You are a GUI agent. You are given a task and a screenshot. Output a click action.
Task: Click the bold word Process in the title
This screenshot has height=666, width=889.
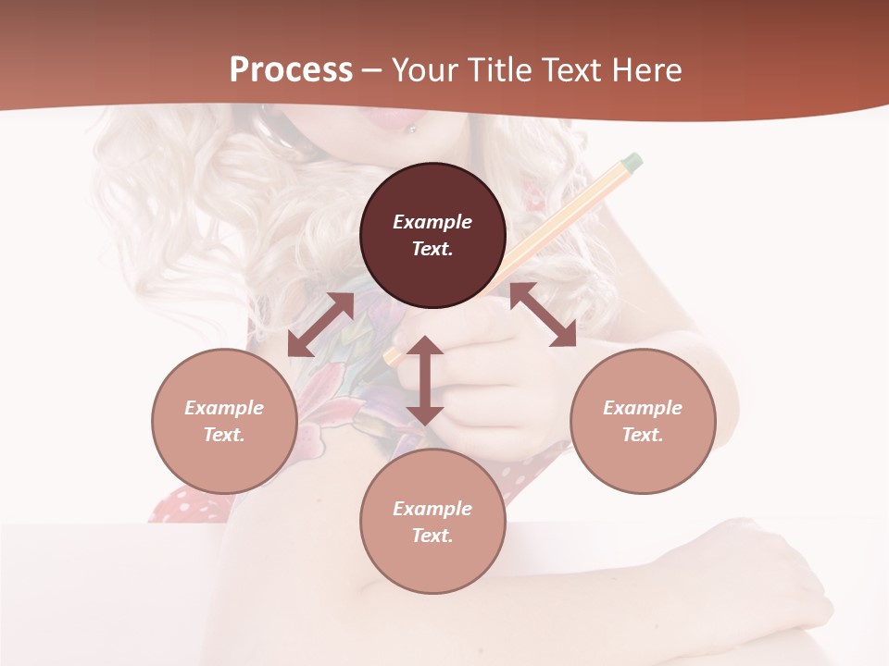point(291,70)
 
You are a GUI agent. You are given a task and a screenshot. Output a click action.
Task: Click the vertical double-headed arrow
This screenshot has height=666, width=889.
point(425,380)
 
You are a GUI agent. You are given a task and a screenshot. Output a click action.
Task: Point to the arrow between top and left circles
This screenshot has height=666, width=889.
point(321,325)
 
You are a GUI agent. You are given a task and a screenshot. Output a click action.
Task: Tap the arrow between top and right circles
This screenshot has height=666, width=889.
point(543,314)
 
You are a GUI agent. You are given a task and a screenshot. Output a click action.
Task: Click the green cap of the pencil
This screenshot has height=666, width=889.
point(632,162)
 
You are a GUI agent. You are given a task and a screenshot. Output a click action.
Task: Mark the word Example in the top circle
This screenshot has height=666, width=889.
point(432,222)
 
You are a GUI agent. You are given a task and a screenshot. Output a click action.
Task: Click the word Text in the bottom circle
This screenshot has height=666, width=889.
point(432,536)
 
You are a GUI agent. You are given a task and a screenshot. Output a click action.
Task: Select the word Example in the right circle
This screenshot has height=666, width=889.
point(643,408)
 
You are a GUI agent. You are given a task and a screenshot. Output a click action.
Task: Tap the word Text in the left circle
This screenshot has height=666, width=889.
point(224,435)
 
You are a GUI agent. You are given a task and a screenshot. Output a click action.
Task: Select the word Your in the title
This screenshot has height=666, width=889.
point(425,70)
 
